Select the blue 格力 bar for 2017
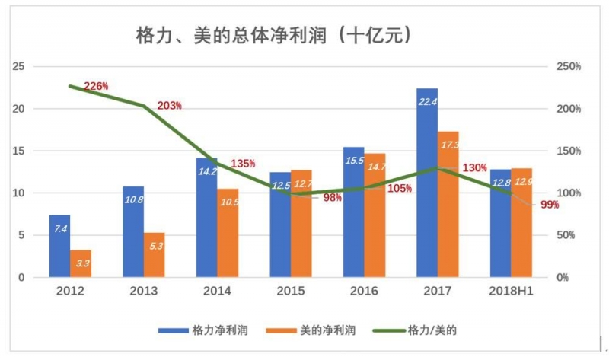coord(427,183)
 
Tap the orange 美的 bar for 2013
coord(155,255)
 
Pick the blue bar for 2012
coord(59,246)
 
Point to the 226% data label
coord(97,85)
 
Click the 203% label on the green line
coord(169,105)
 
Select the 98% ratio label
coord(331,198)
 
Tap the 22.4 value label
coord(427,101)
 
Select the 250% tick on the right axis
coord(568,67)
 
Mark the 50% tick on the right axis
coord(566,236)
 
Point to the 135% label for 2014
coord(243,164)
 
